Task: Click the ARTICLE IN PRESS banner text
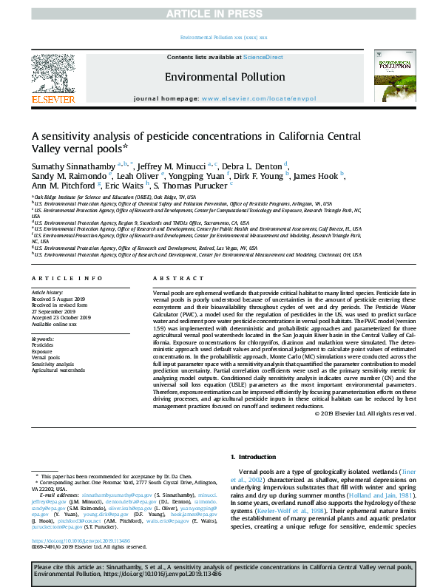220,13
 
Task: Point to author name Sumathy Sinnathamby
72,166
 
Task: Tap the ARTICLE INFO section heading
67,278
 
